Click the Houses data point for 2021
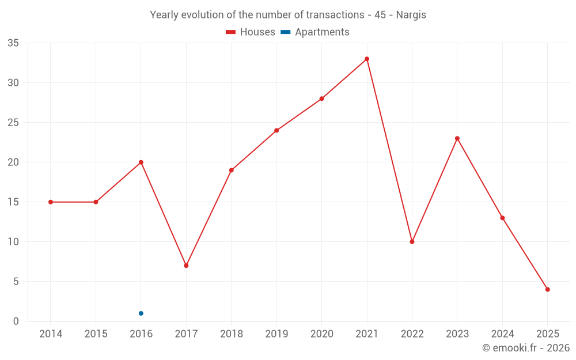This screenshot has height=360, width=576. click(367, 59)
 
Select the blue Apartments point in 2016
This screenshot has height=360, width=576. click(141, 313)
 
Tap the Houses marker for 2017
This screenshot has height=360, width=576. click(186, 266)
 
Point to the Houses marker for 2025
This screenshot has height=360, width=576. click(548, 290)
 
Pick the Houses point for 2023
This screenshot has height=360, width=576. click(457, 138)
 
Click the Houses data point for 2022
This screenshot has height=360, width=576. click(412, 242)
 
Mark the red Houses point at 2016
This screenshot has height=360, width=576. click(141, 162)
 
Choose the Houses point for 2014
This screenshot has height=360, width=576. click(51, 202)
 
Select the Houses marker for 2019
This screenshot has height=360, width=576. click(276, 130)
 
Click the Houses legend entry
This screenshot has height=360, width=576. click(251, 32)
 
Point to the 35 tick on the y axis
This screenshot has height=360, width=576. click(13, 43)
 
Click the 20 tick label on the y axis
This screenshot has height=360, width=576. click(13, 162)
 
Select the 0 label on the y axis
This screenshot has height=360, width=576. click(16, 321)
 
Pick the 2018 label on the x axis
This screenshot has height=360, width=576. click(232, 334)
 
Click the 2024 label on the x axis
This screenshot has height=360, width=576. click(502, 334)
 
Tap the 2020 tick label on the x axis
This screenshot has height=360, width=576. click(321, 334)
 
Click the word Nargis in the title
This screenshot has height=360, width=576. click(411, 15)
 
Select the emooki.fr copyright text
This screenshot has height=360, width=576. click(526, 348)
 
